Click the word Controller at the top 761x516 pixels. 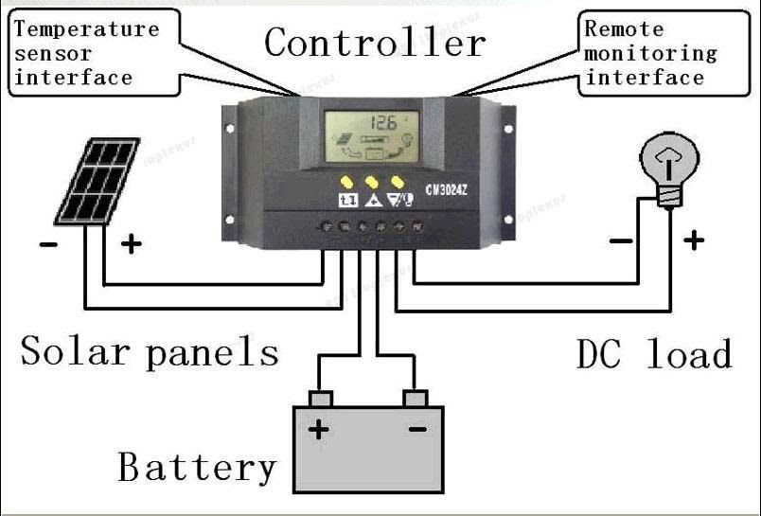(375, 43)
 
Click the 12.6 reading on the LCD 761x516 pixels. (383, 123)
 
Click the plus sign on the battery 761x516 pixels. (319, 430)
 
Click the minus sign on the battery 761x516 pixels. (416, 429)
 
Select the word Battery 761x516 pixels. (197, 468)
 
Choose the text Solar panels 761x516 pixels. (150, 352)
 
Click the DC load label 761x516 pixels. (654, 354)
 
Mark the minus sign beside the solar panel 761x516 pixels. (47, 246)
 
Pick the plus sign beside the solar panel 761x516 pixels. (131, 245)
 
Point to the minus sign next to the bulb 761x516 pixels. (621, 241)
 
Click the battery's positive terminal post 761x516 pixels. (320, 397)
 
